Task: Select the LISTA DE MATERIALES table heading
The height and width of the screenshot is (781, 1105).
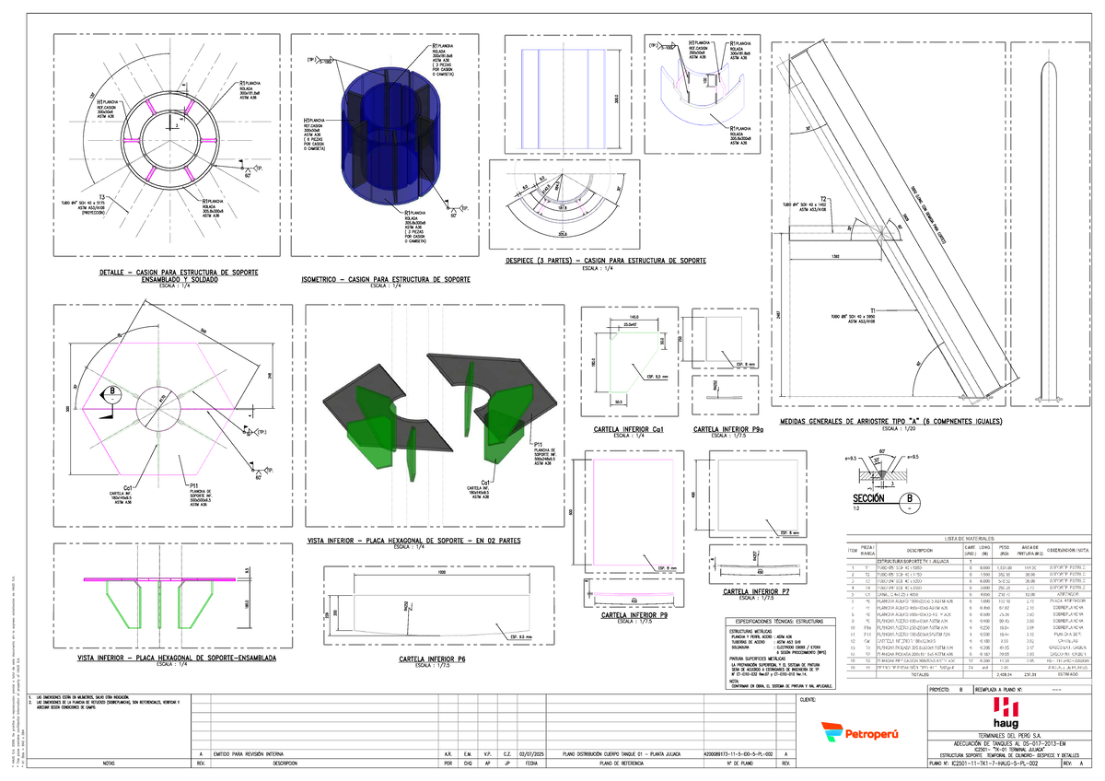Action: (969, 538)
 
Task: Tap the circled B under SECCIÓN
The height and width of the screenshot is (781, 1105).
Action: (911, 498)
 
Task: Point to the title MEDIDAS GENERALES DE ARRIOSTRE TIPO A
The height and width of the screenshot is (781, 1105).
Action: (890, 422)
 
